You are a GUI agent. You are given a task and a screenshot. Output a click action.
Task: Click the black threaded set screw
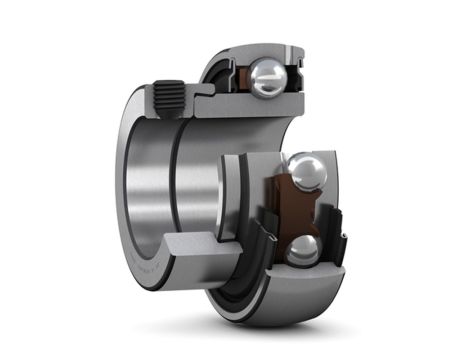tap(169, 98)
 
